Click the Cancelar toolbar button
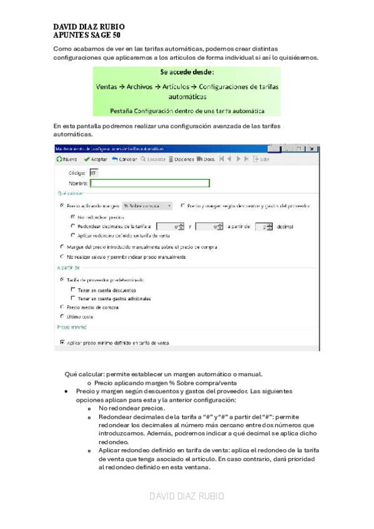pos(125,159)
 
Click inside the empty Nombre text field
pos(149,183)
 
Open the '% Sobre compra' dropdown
pos(147,205)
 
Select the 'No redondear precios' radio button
pos(74,216)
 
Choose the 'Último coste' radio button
pos(61,316)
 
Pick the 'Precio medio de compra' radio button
pos(61,307)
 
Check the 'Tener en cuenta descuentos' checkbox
pos(74,289)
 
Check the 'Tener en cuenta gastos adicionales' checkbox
pos(74,298)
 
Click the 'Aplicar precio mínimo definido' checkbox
pos(62,342)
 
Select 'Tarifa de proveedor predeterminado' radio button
pos(61,281)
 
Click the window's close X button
pos(313,148)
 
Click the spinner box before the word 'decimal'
pos(267,226)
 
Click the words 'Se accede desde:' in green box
pos(187,72)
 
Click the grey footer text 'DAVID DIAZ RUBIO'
pos(187,497)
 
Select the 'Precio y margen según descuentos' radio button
pos(182,205)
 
